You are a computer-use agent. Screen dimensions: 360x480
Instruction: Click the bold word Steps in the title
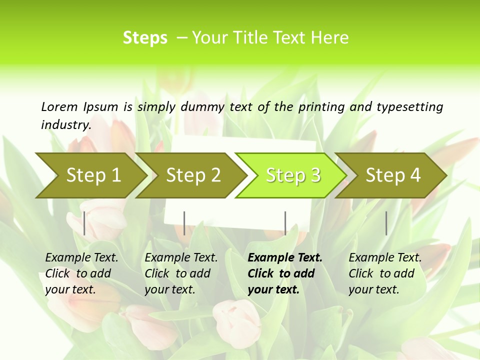pos(145,38)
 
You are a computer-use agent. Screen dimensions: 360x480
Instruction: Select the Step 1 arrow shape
pos(93,175)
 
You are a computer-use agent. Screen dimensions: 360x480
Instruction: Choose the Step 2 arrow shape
pos(193,175)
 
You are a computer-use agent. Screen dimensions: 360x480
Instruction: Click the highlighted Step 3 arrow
pos(293,175)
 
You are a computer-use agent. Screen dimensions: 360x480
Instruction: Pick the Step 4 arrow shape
pos(393,175)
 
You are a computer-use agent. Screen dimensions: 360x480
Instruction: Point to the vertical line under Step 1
pos(84,223)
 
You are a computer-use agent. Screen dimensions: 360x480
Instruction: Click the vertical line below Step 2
pos(184,223)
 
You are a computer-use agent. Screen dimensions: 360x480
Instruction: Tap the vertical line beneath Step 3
pos(285,223)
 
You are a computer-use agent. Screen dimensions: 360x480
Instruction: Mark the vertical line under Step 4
pos(386,223)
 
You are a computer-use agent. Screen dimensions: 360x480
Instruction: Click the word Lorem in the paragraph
pos(59,106)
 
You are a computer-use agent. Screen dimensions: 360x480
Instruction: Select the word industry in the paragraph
pos(65,124)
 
